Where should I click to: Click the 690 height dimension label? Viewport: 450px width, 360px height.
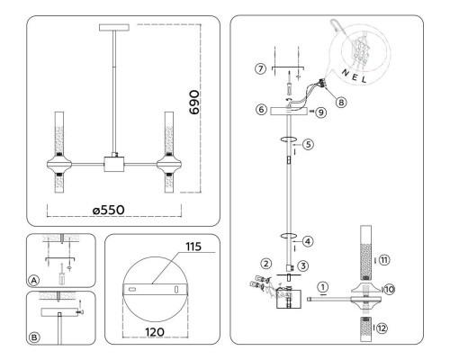pos(194,103)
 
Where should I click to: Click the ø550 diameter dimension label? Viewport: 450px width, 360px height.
pos(109,210)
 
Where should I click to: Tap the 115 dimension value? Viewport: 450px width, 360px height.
pos(193,247)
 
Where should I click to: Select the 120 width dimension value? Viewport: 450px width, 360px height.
pos(155,332)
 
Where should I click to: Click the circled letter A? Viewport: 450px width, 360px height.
pos(34,281)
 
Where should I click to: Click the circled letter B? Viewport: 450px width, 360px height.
pos(34,337)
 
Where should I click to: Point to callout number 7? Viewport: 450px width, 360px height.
pos(261,68)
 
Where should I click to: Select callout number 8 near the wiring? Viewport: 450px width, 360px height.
pos(341,103)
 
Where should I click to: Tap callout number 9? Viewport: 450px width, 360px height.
pos(321,112)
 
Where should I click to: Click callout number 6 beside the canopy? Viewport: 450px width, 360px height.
pos(261,109)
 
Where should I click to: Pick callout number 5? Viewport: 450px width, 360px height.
pos(308,144)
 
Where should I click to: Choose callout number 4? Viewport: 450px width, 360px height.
pos(308,241)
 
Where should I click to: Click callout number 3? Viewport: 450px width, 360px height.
pos(303,265)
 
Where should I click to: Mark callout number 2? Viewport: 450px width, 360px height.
pos(265,264)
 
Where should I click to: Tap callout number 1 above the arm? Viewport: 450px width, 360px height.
pos(323,287)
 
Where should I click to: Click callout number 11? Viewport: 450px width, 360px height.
pos(384,260)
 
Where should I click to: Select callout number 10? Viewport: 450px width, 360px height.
pos(389,290)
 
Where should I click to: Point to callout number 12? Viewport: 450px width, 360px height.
pos(382,328)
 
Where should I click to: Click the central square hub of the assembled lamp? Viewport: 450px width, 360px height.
pos(114,164)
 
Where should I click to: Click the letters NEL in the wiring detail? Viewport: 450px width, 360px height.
pos(355,76)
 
